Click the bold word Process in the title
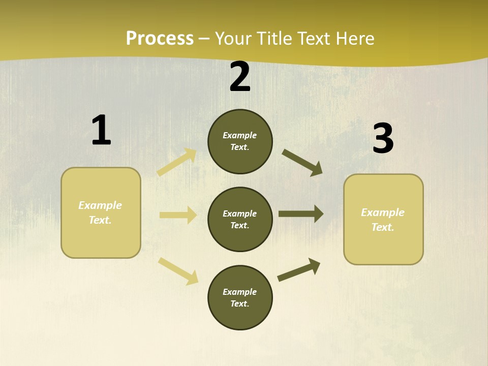click(x=160, y=39)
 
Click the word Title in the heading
click(x=274, y=39)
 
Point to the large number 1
click(x=101, y=130)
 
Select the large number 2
click(x=240, y=77)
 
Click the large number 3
click(x=383, y=139)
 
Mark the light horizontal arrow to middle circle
click(x=178, y=215)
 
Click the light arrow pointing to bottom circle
click(x=178, y=271)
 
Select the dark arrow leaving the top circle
click(x=302, y=163)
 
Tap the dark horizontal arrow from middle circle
click(x=301, y=213)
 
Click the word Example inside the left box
click(x=100, y=205)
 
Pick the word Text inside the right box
click(x=383, y=227)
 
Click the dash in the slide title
click(x=204, y=39)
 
